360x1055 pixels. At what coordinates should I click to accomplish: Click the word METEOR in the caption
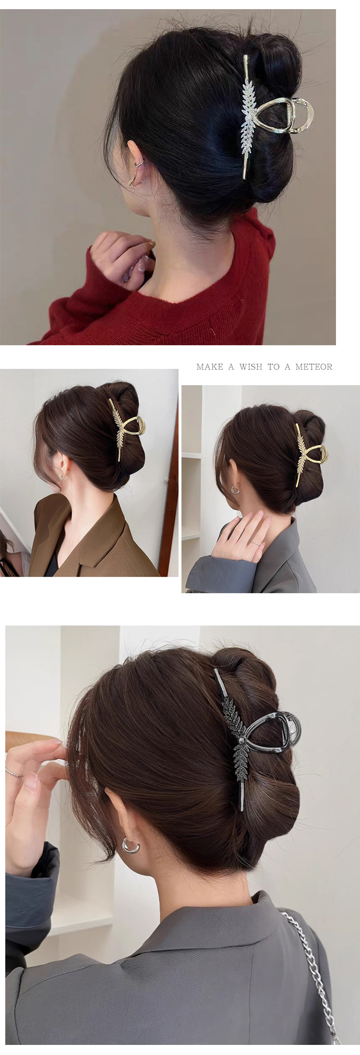314,367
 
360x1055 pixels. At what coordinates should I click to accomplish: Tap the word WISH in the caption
251,367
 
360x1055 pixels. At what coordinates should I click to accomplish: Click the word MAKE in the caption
210,367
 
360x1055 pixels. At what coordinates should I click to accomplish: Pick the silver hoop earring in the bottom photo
131,846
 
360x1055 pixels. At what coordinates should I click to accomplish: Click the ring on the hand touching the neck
255,543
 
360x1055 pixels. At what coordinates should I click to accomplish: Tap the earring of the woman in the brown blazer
61,475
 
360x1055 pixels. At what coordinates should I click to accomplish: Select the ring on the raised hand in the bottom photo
14,773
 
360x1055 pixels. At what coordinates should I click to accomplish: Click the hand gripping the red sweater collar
122,260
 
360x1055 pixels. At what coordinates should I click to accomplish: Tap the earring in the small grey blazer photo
235,490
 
